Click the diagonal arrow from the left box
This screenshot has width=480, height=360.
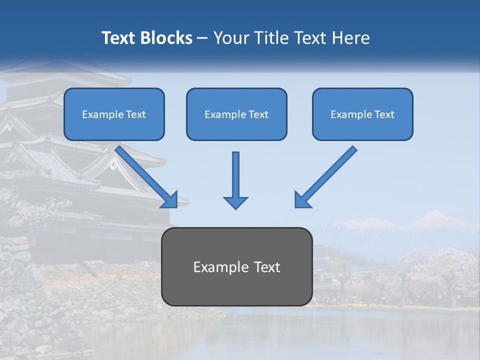pyautogui.click(x=144, y=175)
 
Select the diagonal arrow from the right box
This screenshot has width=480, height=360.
pyautogui.click(x=327, y=175)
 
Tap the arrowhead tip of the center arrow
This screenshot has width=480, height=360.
pyautogui.click(x=235, y=207)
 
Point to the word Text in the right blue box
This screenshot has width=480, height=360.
pyautogui.click(x=384, y=114)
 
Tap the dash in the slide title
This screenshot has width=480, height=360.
pyautogui.click(x=202, y=38)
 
